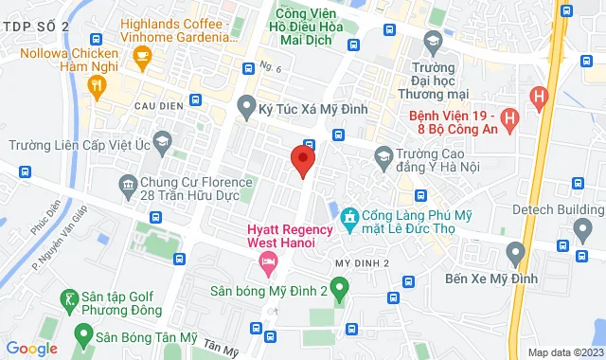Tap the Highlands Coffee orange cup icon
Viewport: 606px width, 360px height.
point(143,59)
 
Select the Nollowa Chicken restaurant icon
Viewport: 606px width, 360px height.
point(96,85)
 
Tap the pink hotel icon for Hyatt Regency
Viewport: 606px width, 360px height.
point(270,260)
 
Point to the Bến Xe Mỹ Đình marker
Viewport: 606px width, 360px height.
point(515,254)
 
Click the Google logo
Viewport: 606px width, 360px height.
point(31,348)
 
